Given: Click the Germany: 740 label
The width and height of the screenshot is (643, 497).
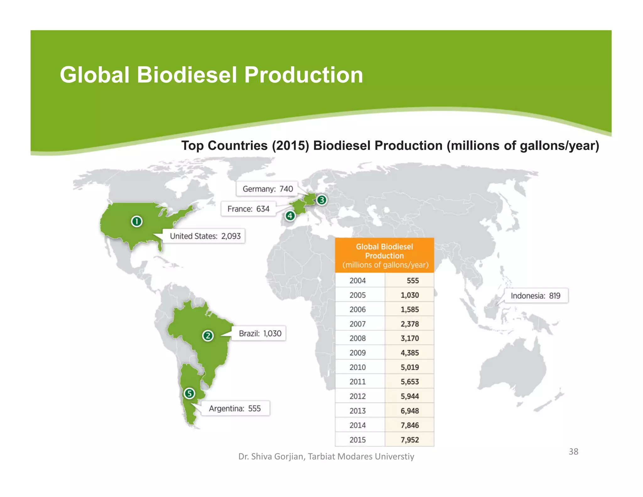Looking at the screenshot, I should point(267,189).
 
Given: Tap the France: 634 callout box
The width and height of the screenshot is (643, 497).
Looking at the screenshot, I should point(248,209).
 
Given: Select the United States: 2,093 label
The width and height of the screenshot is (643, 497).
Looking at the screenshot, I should point(205,236).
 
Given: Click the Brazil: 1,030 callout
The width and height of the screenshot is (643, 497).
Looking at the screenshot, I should point(260,333).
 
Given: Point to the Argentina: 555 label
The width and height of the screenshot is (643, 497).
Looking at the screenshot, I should point(235,408).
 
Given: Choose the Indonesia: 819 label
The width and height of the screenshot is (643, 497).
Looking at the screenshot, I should point(535,296).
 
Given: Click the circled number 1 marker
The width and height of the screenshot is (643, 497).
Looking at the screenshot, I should point(137,221).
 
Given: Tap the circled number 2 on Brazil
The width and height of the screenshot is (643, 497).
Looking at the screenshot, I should point(208,336).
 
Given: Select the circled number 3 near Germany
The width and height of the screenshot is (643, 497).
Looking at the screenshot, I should point(321,200).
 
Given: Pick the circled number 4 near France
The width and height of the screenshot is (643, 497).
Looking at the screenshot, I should point(290,216).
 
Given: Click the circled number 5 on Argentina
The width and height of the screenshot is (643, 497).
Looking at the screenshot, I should point(189,393).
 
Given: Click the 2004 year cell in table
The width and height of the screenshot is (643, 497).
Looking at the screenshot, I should point(358,281).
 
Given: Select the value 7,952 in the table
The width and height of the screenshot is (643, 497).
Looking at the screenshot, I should point(409,440).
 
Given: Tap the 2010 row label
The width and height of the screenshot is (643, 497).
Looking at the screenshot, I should point(358,367).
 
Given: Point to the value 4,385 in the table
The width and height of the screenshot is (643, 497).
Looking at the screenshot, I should point(409,353).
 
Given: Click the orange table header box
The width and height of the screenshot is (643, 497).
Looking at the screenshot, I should point(385,255).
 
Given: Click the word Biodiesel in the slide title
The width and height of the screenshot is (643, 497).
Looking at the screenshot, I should point(187,75).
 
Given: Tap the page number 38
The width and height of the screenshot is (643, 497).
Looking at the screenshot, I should point(573,451).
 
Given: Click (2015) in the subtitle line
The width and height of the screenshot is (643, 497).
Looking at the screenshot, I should point(290,146).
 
